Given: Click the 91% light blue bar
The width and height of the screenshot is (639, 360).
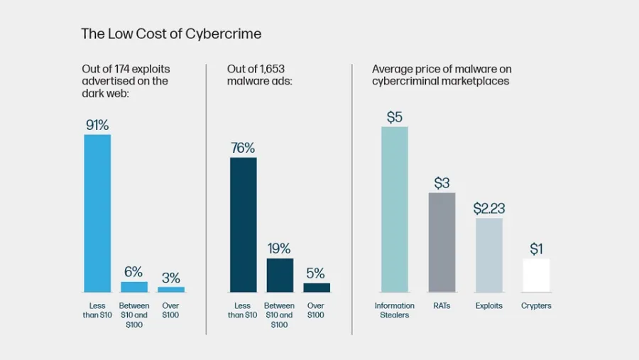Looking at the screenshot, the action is tap(97, 213).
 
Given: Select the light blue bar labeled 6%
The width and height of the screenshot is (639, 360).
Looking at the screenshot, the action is tap(134, 287).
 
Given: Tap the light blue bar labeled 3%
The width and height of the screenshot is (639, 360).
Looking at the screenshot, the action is tap(171, 290).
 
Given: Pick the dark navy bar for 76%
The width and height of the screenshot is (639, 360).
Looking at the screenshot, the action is tap(244, 224).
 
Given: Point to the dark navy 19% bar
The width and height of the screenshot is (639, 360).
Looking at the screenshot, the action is tap(280, 276).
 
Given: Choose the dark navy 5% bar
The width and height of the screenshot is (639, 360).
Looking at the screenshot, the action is tap(317, 288).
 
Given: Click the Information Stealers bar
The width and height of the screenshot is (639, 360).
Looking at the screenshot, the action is tap(395, 209).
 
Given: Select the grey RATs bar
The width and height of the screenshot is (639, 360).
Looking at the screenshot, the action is tap(442, 243).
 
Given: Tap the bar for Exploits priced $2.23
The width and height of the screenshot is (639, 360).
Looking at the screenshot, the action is tap(489, 255).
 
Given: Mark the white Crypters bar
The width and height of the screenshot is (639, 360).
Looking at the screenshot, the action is tap(536, 276).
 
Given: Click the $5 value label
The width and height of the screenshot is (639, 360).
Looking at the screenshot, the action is tap(395, 117).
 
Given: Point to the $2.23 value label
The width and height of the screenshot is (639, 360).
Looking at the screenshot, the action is tap(489, 208).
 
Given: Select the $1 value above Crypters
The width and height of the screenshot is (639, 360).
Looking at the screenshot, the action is tap(536, 249).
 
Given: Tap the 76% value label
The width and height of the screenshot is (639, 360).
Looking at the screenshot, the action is tap(243, 148).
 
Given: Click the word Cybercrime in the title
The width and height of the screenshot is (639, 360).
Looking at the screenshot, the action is tap(224, 34).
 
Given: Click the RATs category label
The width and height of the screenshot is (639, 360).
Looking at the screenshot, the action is tap(442, 305).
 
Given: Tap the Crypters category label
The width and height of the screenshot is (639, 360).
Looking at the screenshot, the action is tap(536, 306).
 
